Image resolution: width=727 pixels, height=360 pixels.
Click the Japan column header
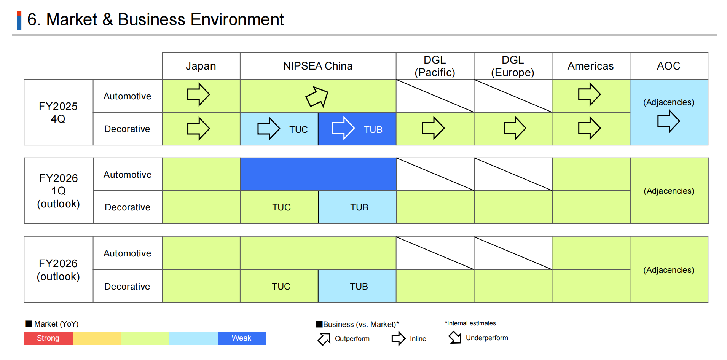(201, 66)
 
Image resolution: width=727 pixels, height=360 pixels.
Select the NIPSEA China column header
(318, 66)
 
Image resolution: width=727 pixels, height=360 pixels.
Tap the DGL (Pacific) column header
(435, 66)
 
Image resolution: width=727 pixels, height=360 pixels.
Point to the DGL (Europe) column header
(513, 66)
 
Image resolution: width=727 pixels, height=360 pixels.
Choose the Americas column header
(590, 66)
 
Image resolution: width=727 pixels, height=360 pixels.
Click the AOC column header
(668, 66)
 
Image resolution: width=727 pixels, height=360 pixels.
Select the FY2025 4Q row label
(58, 112)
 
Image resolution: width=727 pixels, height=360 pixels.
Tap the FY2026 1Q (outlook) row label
(58, 191)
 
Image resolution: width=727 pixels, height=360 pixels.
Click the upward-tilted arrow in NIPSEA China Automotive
(317, 97)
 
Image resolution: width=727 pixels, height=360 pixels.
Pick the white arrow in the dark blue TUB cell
(343, 128)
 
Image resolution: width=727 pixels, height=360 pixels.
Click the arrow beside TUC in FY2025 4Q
(268, 128)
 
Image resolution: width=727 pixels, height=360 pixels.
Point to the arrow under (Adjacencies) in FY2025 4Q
(668, 121)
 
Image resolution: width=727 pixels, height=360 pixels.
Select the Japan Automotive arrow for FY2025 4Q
(198, 94)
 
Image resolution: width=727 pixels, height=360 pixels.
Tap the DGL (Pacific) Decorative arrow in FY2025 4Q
(433, 128)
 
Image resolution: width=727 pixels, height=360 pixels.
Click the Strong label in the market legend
(48, 338)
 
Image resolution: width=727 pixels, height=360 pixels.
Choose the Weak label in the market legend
(241, 338)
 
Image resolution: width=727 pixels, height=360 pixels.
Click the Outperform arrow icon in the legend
(324, 339)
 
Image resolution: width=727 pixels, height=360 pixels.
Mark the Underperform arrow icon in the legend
(455, 337)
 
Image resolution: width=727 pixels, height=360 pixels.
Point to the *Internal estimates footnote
(470, 323)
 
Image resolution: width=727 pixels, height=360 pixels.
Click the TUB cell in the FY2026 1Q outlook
(359, 207)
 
